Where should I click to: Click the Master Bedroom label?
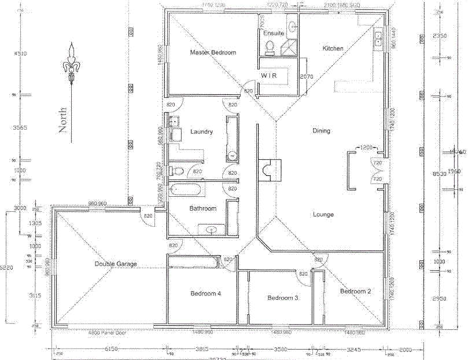pos(213,53)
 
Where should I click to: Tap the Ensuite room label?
pos(274,34)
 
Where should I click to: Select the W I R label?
pos(271,75)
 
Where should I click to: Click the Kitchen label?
pos(333,49)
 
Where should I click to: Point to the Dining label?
pos(321,131)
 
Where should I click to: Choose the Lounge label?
pos(323,215)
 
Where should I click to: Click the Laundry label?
pos(201,132)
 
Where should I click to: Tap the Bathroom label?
pos(202,208)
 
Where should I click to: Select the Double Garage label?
pos(116,264)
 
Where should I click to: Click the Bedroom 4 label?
pos(205,294)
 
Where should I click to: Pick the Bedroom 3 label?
pos(282,298)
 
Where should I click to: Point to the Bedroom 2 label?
pos(355,291)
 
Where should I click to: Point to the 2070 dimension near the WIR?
pos(306,76)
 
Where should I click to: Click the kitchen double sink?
pos(379,38)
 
